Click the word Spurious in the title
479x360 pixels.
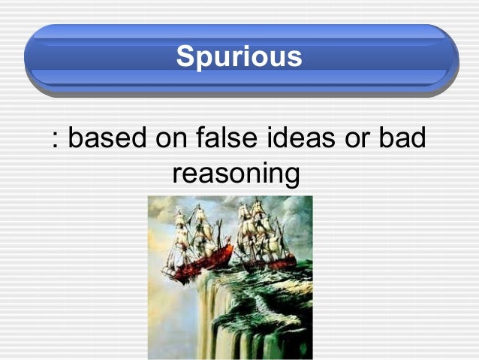239,56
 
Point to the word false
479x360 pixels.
223,139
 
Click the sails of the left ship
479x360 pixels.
191,229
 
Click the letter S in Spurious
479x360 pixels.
184,56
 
